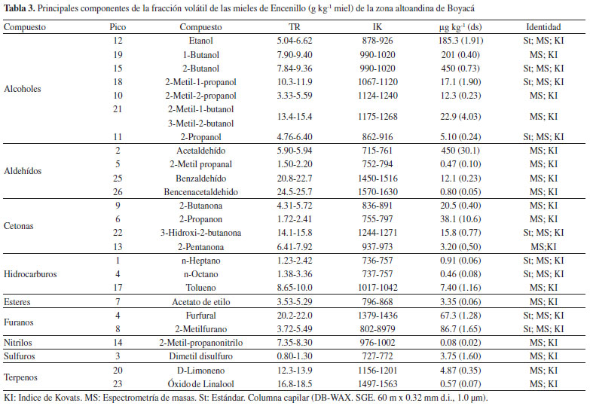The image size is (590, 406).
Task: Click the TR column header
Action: coord(295,27)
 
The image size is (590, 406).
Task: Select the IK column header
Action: coord(378,27)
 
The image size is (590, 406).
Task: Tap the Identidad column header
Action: coord(543,27)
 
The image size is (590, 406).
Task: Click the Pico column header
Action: coord(118,27)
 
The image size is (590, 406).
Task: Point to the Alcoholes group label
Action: coord(22,89)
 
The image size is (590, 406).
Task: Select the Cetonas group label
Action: coord(18,226)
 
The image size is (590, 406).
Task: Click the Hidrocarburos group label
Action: coord(30,274)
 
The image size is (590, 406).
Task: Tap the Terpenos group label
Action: coord(20,377)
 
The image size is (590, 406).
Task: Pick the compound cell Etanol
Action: coord(201,41)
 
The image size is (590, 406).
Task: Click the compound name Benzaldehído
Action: coord(201,178)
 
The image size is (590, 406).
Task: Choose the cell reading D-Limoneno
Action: coord(201,371)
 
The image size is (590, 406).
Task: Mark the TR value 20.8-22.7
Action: coord(295,178)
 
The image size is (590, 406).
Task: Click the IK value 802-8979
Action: coord(378,329)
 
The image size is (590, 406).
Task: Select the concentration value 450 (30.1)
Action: coord(460,151)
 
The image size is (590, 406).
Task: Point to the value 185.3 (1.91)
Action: coord(460,41)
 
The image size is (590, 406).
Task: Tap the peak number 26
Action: coord(118,192)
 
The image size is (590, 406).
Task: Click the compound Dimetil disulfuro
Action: coord(201,356)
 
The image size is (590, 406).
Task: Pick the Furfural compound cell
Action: coord(201,316)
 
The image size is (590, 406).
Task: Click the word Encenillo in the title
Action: coord(289,8)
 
